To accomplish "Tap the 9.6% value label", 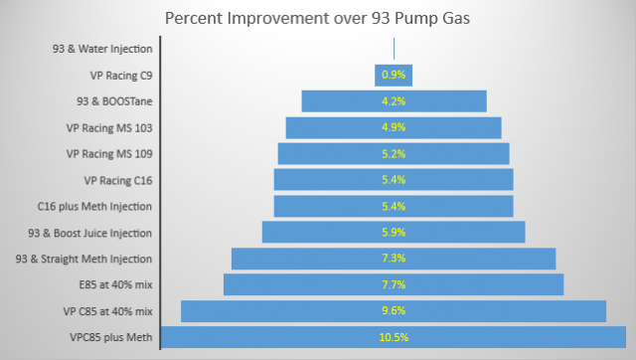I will click(x=394, y=311).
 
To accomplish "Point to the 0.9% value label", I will click(x=394, y=75).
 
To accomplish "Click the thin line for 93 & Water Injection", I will click(x=395, y=49).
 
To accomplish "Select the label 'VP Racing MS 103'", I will click(x=109, y=127).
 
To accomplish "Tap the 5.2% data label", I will click(x=394, y=154).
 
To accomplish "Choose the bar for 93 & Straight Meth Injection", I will click(x=298, y=259).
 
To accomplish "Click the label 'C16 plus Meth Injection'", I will click(x=94, y=206).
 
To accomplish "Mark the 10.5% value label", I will click(x=394, y=337).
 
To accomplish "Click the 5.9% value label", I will click(x=394, y=233).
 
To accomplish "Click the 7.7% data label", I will click(x=394, y=284).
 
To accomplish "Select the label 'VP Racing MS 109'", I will click(x=109, y=154).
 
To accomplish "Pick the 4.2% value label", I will click(x=394, y=101).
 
